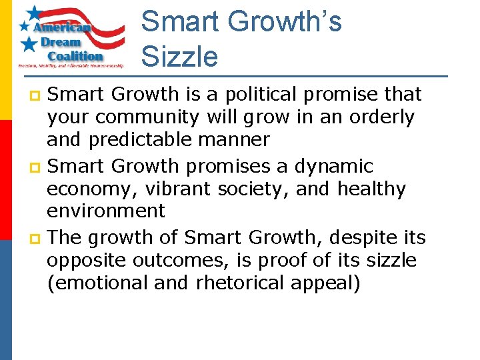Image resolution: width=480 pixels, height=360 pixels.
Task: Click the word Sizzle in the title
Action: pyautogui.click(x=179, y=56)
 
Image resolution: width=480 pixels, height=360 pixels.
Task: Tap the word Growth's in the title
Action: pyautogui.click(x=284, y=21)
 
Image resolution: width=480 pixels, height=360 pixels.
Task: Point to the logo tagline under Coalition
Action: pyautogui.click(x=71, y=66)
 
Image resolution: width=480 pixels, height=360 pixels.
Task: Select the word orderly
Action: pyautogui.click(x=382, y=117)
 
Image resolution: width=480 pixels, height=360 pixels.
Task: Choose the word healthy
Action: pyautogui.click(x=371, y=189)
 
